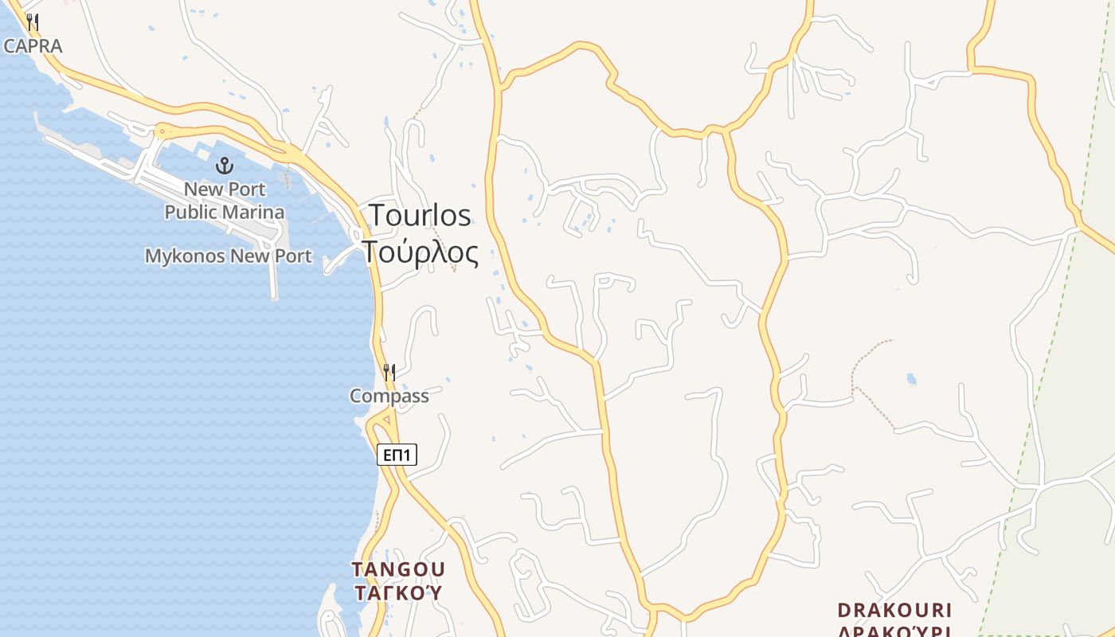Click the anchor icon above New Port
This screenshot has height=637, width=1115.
coord(225,166)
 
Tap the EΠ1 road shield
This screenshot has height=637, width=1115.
coord(397,455)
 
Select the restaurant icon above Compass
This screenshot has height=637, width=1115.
coord(389,372)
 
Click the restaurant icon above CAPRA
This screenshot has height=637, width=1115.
coord(33,21)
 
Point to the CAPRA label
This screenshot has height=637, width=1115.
coord(33,46)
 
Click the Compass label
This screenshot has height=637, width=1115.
coord(389,396)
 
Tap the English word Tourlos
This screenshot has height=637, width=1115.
coord(420,216)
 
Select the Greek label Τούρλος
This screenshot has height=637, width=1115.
coord(421,252)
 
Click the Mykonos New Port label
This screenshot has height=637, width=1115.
coord(228,256)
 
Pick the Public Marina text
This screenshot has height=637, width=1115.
coord(225,213)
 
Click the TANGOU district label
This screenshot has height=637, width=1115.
coord(399,569)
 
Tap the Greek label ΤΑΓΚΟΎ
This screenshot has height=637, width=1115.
coord(398,593)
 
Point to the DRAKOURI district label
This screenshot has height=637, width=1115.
coord(894,611)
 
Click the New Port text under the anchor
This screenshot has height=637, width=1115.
coord(225,190)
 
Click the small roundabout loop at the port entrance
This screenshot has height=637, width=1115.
coord(163,131)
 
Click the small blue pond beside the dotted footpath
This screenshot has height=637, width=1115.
coord(912,380)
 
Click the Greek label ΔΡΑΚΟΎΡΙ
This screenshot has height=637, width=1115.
coord(894,631)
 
